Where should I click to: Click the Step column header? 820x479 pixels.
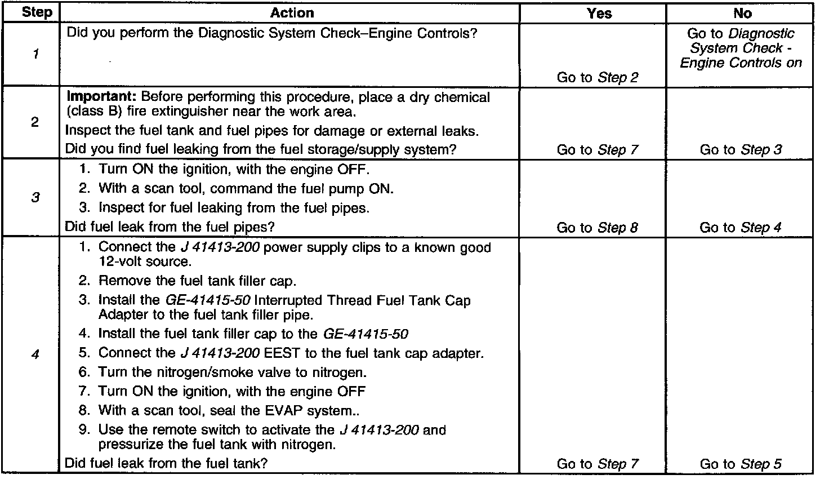point(37,12)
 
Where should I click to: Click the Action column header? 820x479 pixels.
point(292,12)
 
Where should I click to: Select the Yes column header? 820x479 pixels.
point(599,13)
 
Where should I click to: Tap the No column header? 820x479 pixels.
point(743,13)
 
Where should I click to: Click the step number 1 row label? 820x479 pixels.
point(35,55)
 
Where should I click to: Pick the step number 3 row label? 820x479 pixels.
point(35,198)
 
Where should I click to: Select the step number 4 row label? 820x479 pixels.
point(35,356)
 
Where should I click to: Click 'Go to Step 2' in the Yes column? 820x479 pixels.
point(598,78)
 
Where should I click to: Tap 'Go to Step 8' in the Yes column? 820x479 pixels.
point(598,228)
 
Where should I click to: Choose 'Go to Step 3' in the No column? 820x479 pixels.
point(741,150)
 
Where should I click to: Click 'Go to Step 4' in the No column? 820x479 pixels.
point(741,228)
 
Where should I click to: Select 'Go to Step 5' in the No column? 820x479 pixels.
point(741,464)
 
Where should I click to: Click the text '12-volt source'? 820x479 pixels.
point(145,262)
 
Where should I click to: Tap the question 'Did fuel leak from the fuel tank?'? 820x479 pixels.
point(166,463)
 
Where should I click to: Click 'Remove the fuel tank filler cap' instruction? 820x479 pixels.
point(197,281)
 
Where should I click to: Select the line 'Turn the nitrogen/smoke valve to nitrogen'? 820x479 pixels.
point(232,372)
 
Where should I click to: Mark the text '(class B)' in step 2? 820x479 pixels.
point(91,112)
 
